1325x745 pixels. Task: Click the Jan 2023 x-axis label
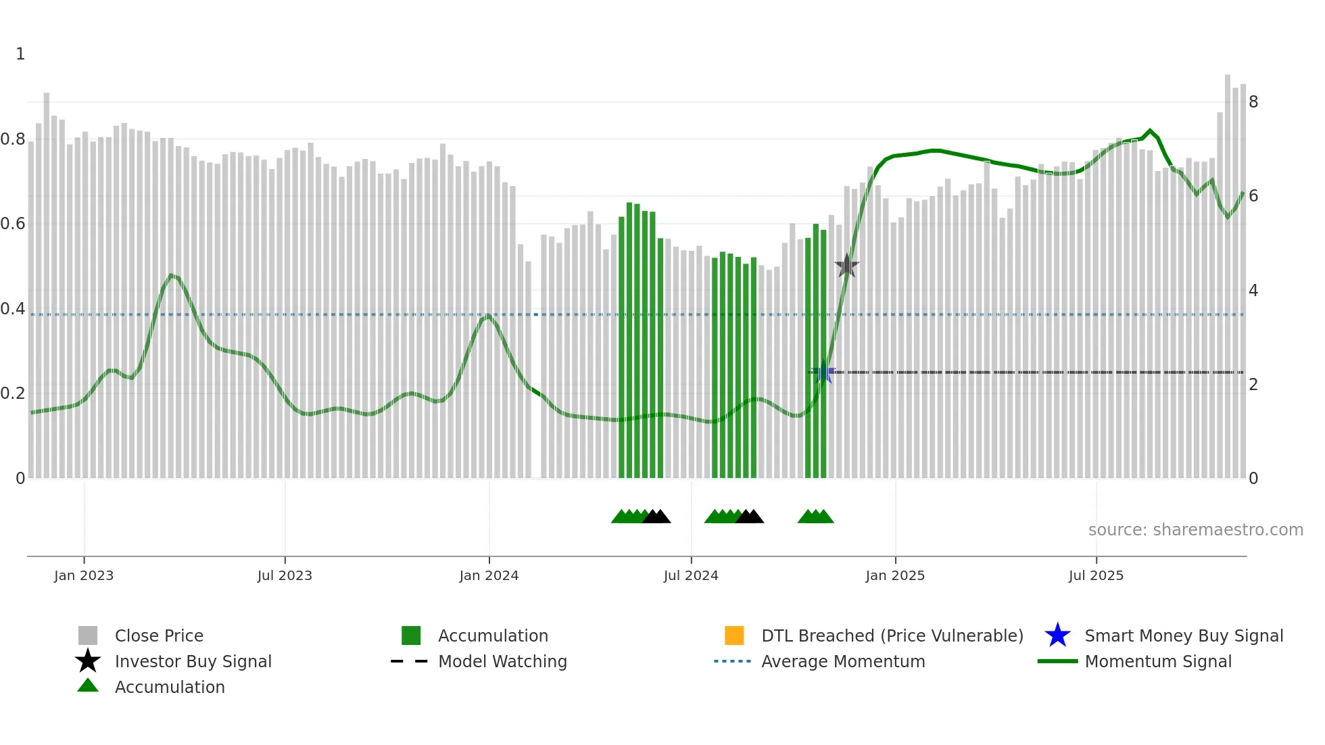pos(84,576)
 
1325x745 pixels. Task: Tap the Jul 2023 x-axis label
pos(285,576)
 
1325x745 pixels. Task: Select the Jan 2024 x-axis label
pos(489,576)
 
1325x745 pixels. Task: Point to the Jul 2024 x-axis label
pos(691,576)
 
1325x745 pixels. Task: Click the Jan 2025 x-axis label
pos(895,576)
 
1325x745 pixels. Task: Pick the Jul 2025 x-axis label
pos(1096,576)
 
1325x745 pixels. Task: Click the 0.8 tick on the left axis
pos(13,139)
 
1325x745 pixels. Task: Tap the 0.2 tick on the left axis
pos(13,393)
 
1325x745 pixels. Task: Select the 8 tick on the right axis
pos(1253,102)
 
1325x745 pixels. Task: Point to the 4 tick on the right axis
pos(1253,291)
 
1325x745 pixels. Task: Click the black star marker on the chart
pos(846,266)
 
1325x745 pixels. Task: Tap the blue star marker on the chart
pos(823,372)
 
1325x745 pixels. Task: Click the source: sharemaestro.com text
pos(1195,530)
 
